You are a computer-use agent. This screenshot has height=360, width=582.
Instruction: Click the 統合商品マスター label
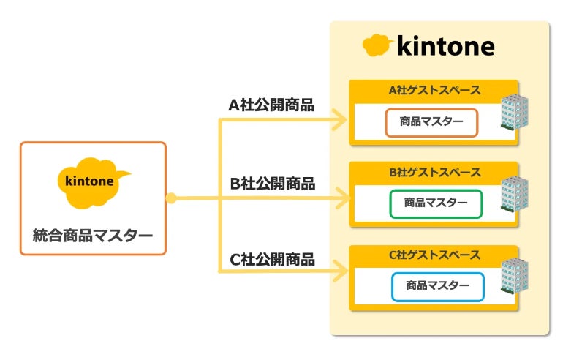(93, 236)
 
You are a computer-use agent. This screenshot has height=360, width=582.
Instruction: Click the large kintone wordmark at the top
(445, 47)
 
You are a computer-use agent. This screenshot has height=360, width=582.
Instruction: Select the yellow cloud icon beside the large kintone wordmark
(378, 46)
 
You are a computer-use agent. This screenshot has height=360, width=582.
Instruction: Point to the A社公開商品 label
(271, 105)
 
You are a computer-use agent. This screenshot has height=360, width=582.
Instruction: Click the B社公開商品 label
(271, 184)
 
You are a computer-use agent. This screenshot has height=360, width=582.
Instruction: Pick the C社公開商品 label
(271, 259)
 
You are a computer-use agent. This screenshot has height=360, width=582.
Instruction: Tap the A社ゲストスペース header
(434, 91)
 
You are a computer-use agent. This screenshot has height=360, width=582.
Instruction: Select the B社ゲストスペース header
(434, 173)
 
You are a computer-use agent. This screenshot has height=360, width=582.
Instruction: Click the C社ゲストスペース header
(434, 255)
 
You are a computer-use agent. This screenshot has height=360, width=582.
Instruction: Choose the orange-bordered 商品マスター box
(431, 122)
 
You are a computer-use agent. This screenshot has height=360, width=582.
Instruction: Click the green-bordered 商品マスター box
(436, 203)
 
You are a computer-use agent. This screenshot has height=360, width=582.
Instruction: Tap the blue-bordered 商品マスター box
(437, 286)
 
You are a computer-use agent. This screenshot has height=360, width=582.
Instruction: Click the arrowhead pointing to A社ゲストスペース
(341, 116)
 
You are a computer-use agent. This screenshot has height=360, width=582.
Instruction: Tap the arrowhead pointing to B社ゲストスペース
(341, 198)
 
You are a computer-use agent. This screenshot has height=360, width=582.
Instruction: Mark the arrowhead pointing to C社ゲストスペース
(341, 272)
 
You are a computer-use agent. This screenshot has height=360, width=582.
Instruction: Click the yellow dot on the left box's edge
(170, 198)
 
